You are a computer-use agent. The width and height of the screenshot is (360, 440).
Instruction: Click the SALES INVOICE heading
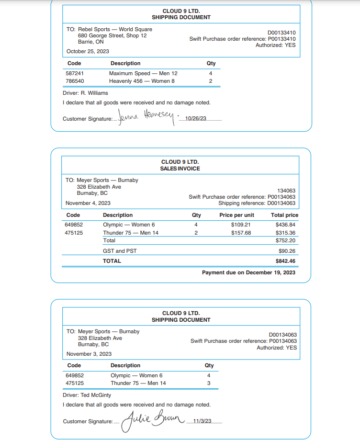click(x=180, y=169)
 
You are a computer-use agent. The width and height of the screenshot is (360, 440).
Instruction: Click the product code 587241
click(x=74, y=73)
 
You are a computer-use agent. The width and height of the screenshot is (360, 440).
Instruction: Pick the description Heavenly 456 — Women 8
click(x=142, y=81)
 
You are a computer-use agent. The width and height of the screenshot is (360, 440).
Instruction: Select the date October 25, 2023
click(x=88, y=51)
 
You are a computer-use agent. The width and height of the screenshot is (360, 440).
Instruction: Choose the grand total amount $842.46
click(x=285, y=261)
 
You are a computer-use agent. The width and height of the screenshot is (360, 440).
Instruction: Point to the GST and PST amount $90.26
click(x=287, y=251)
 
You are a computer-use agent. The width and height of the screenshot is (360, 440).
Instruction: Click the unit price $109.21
click(x=241, y=225)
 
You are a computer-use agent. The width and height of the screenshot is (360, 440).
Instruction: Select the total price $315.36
click(x=285, y=233)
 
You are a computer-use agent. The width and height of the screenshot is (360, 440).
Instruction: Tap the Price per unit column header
click(x=236, y=215)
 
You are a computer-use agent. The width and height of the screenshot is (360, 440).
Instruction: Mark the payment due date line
click(x=248, y=272)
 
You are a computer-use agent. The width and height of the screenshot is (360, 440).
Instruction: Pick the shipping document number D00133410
click(x=281, y=33)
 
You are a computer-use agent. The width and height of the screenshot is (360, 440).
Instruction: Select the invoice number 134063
click(x=286, y=191)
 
